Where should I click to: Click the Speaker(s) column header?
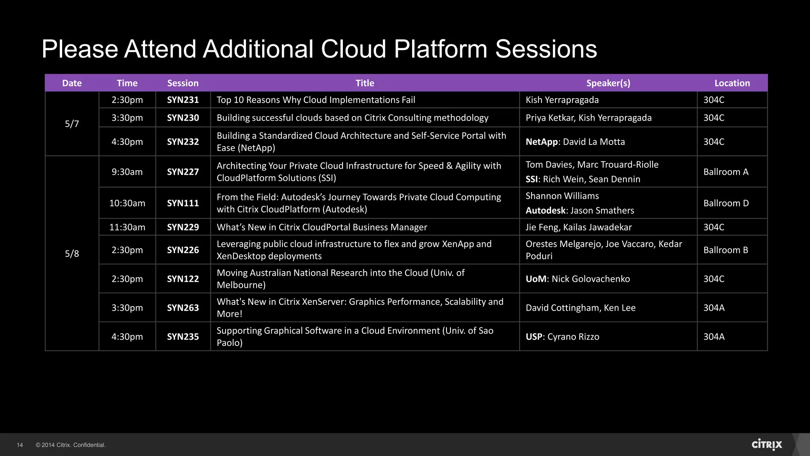(608, 83)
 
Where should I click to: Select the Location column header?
(732, 83)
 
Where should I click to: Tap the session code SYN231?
(183, 100)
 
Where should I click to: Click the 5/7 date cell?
(72, 124)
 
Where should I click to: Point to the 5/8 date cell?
(72, 254)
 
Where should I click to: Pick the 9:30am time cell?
(127, 172)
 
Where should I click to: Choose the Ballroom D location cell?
(726, 203)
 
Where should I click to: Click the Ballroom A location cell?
(726, 172)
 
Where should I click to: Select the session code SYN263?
(183, 308)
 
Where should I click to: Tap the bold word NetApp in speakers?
(541, 142)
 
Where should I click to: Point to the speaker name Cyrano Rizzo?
(573, 337)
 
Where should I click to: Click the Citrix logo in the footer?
(766, 445)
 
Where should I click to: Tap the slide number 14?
(20, 445)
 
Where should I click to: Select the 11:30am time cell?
(127, 227)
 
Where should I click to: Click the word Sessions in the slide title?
(546, 49)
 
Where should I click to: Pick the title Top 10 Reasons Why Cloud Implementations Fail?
(316, 100)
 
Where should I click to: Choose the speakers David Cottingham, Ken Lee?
(580, 308)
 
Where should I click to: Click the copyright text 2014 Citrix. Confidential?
(71, 445)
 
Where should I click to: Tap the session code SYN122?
(183, 279)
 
